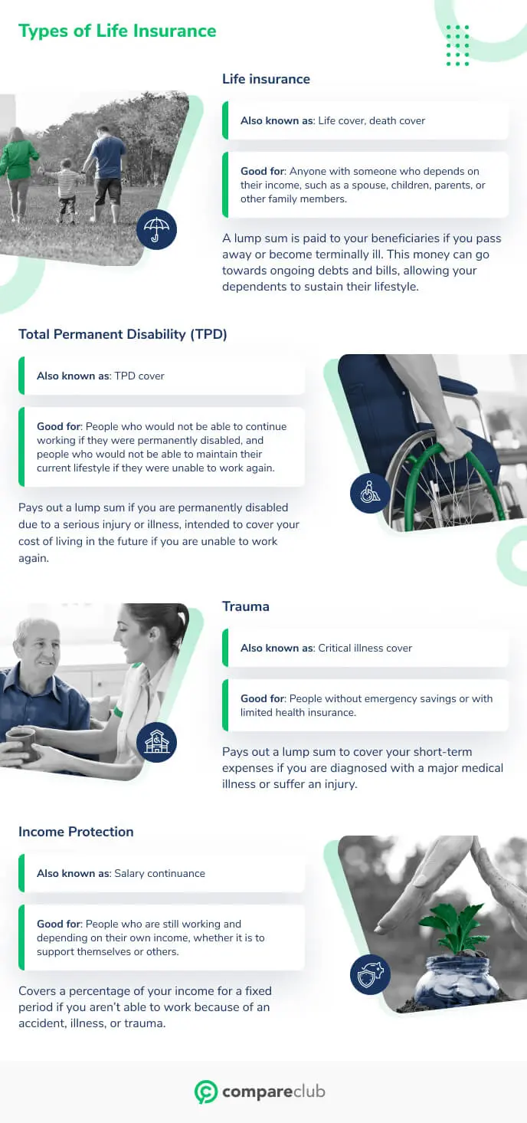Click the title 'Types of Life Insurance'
pos(117,31)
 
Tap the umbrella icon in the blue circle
pos(157,230)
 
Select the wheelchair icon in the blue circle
pos(370,493)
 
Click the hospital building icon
pos(157,742)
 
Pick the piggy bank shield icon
pos(370,974)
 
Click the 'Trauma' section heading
pos(245,606)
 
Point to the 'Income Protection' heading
pos(76,831)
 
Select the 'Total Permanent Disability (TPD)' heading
pos(123,334)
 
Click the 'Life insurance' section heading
pos(266,79)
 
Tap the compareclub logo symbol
pos(206,1092)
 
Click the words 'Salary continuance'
pos(160,873)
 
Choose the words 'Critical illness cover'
pos(365,648)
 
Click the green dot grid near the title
pos(457,46)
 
